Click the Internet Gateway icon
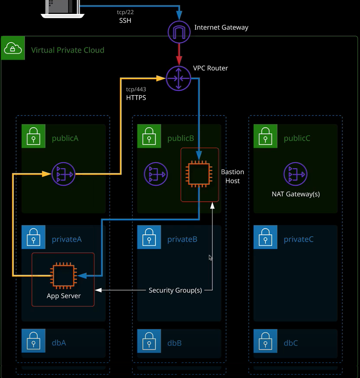point(179,32)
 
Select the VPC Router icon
point(178,78)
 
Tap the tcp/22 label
point(125,12)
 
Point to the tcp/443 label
point(136,89)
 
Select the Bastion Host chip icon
point(199,174)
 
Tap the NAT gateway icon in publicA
point(64,174)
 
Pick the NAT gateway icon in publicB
point(156,174)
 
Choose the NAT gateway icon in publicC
point(295,174)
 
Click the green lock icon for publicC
point(265,136)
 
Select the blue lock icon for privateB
point(149,237)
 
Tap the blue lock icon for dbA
point(34,341)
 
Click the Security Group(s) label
point(175,290)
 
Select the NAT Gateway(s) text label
point(296,194)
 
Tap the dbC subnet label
point(291,343)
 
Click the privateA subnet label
point(67,239)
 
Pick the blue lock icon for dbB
point(149,341)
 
